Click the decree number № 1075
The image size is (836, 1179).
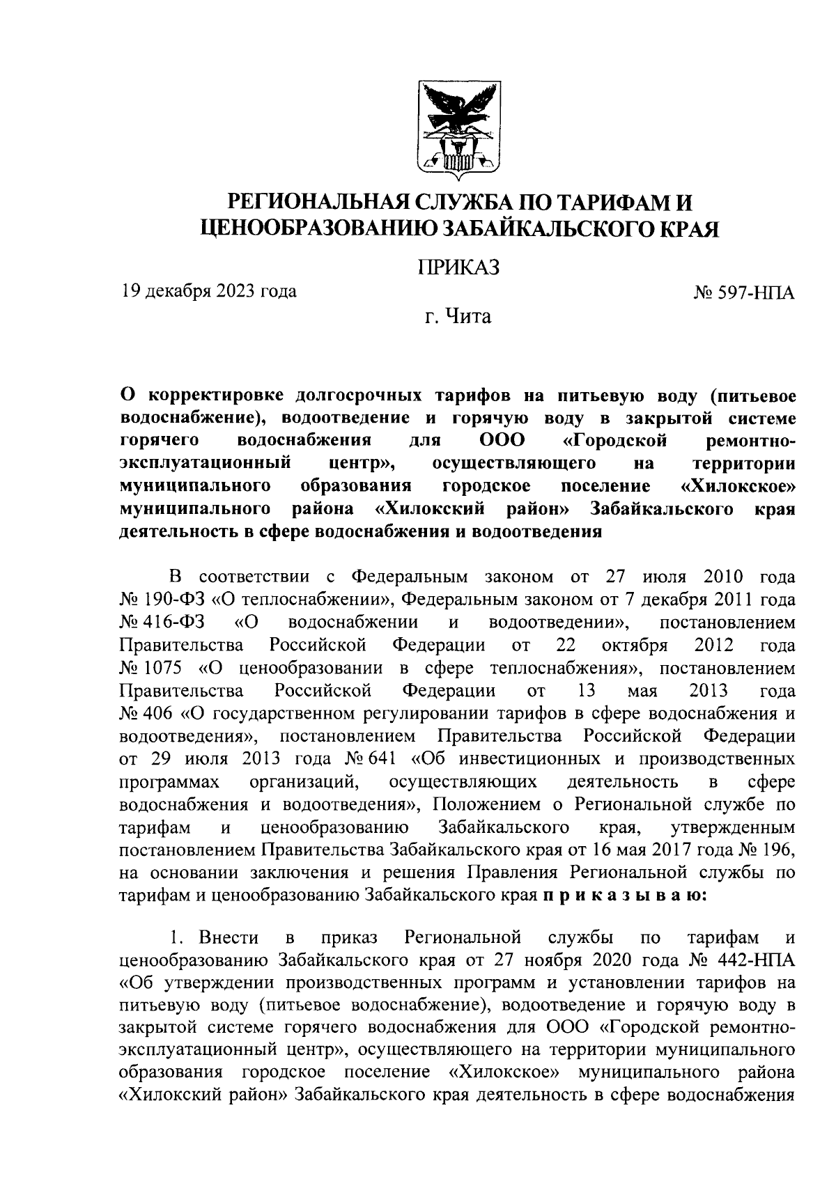151,669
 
